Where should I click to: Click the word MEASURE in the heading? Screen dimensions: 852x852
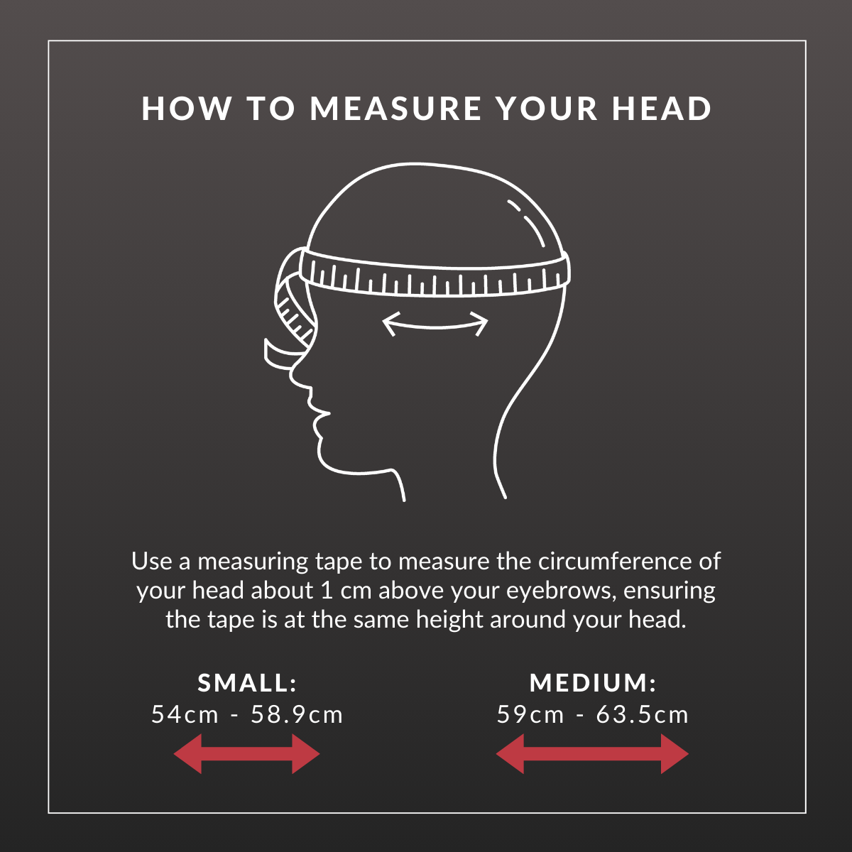(x=395, y=109)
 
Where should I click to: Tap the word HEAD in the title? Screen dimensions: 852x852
(x=662, y=109)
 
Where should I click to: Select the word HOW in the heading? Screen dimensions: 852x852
(x=187, y=109)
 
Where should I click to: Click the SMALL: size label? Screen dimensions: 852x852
(x=247, y=682)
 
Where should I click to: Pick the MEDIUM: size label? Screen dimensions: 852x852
(x=593, y=682)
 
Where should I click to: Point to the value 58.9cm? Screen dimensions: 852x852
(x=297, y=715)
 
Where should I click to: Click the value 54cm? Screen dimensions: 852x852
(x=185, y=715)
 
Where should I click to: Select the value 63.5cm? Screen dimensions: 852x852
(x=642, y=715)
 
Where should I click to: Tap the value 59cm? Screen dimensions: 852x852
(x=530, y=715)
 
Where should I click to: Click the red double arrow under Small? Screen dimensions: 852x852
(x=246, y=754)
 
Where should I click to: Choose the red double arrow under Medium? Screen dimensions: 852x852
(x=592, y=754)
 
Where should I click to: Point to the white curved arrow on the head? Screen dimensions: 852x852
(x=435, y=327)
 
